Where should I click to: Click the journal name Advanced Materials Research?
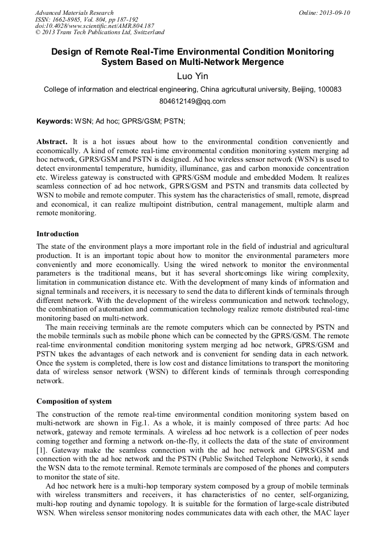tap(75, 13)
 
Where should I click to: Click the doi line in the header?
tap(95, 26)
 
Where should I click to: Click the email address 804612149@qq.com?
tap(192, 101)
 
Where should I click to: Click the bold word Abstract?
tap(52, 141)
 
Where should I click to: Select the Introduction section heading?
tap(58, 234)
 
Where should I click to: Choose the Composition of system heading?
tap(74, 401)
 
